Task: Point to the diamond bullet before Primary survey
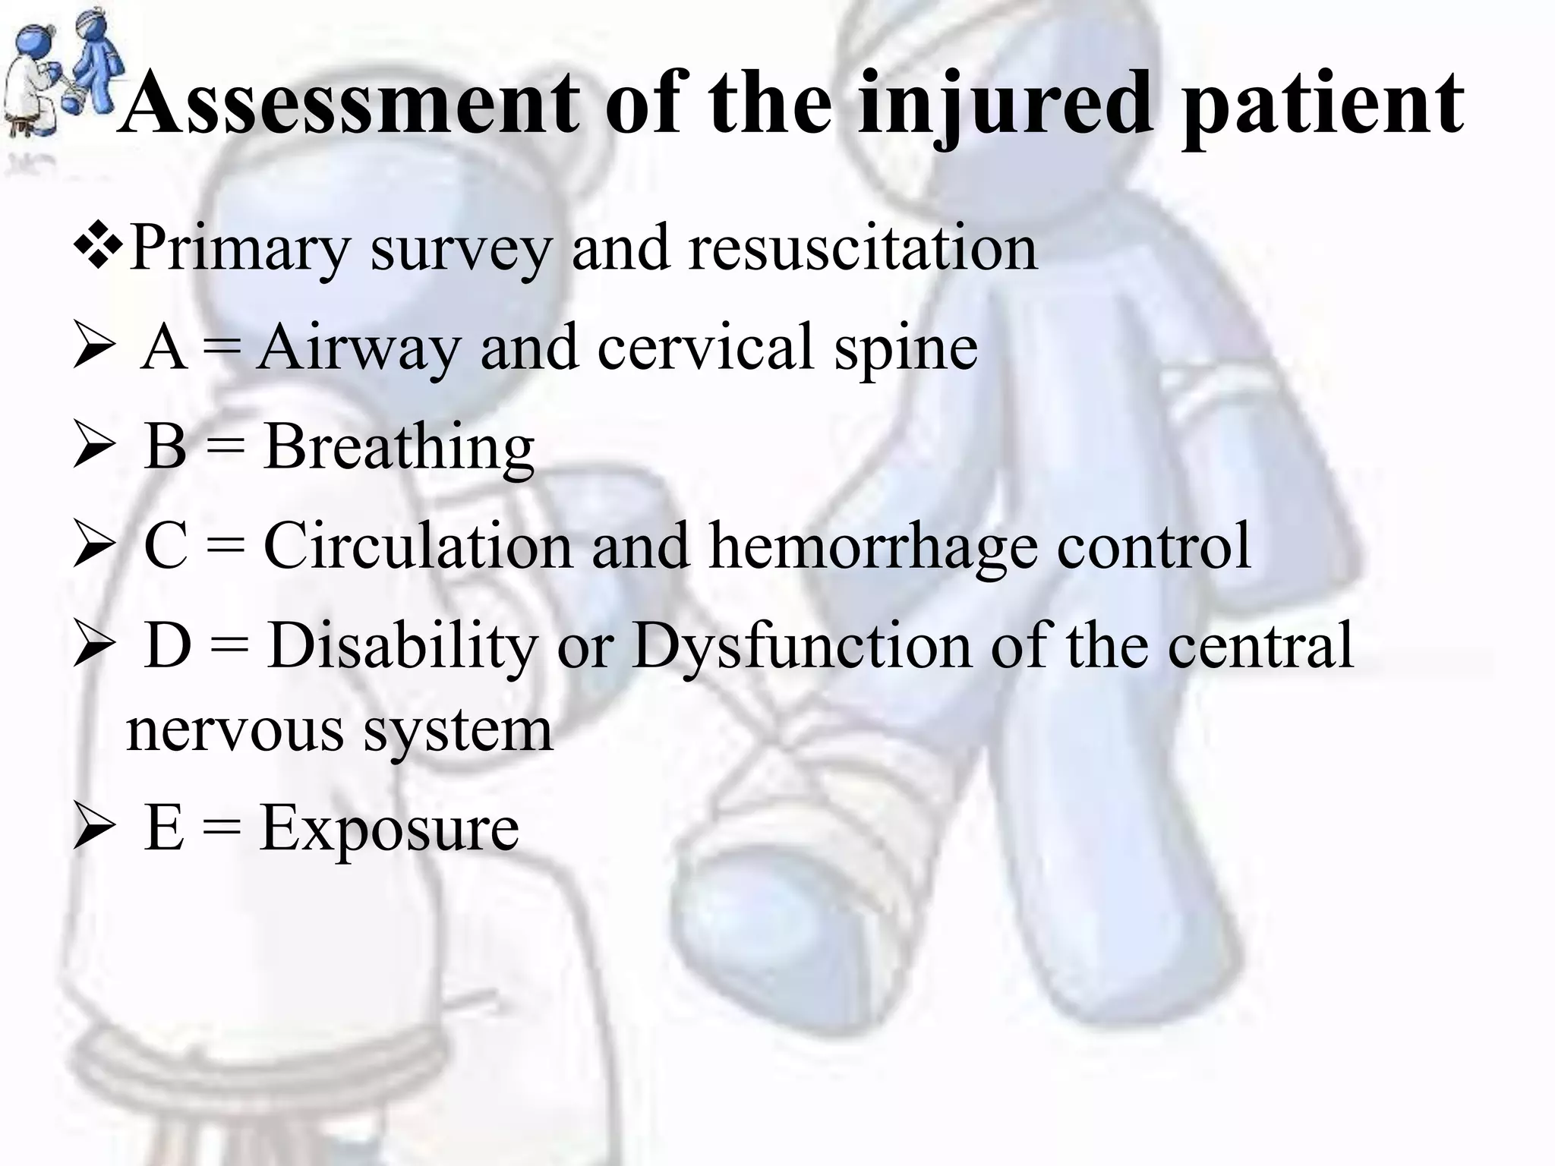coord(99,247)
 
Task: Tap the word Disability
coord(402,645)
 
